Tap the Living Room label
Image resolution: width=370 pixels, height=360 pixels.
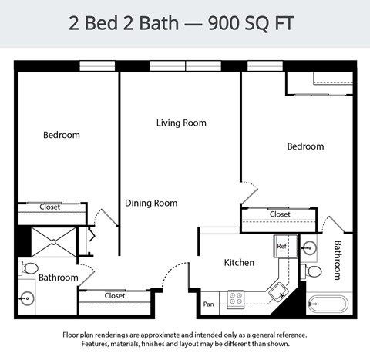181,123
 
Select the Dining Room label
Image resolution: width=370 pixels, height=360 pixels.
151,204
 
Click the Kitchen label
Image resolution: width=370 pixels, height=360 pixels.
239,263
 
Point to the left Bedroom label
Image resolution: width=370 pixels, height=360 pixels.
61,135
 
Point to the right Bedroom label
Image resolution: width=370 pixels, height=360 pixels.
305,146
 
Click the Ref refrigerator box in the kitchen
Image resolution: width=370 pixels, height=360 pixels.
281,247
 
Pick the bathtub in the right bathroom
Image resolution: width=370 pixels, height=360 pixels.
328,303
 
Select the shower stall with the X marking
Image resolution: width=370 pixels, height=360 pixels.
53,241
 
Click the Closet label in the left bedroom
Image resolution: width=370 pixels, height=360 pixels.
50,207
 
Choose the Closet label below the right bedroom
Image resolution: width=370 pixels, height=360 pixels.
280,214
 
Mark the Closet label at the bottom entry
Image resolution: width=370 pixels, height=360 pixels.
115,295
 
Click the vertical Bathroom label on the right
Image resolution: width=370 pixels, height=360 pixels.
338,260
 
